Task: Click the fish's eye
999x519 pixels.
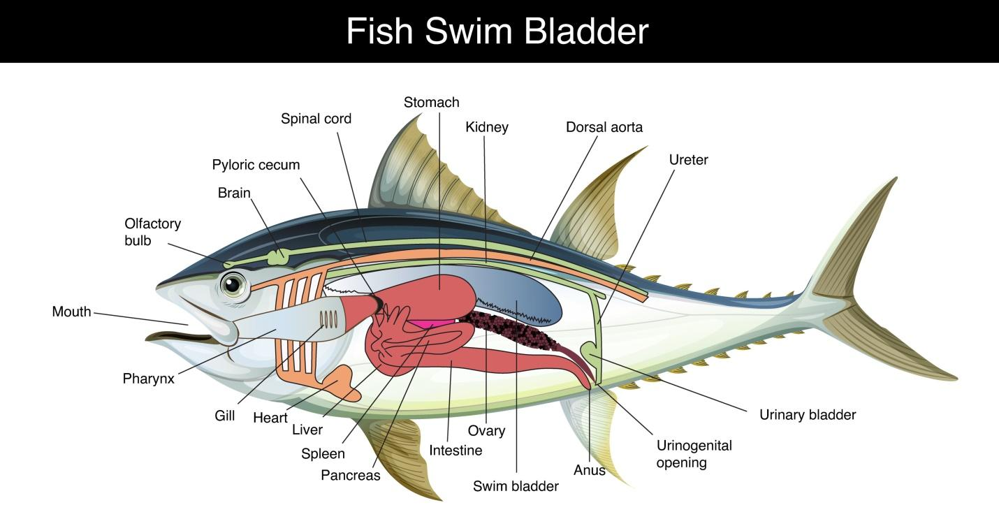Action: [233, 284]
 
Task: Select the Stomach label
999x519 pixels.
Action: [431, 103]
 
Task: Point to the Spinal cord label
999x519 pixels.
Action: [316, 119]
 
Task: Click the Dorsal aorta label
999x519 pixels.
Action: [604, 127]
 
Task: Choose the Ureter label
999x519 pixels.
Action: [688, 160]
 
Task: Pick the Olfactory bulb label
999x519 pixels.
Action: [152, 232]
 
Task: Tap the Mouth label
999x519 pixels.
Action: [71, 312]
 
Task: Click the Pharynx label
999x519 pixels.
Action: [148, 379]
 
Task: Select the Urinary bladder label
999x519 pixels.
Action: [807, 415]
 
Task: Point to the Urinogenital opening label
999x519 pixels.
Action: [694, 454]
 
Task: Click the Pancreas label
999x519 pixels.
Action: [350, 476]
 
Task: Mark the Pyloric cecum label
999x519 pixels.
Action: [256, 165]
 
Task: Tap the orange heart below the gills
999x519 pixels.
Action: [343, 382]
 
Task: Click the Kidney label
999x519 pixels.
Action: [486, 127]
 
